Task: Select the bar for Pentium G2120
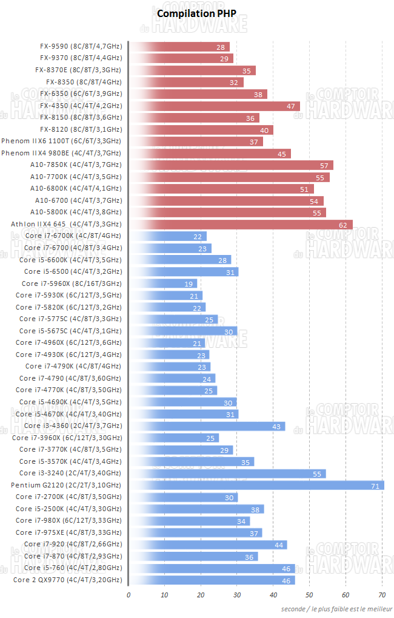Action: coord(257,485)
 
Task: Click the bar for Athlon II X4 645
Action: coord(241,224)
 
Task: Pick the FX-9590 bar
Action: coord(179,47)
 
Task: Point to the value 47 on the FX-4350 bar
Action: coord(291,106)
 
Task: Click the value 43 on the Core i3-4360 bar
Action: coord(276,426)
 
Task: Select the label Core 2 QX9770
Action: coord(67,580)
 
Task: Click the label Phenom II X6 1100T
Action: coord(61,141)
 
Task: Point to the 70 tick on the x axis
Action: coord(382,595)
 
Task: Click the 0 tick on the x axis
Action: coord(129,595)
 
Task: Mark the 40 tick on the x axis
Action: coord(273,595)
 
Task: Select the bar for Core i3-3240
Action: coord(227,474)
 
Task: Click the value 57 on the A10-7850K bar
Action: coord(324,165)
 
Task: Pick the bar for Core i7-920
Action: coord(208,545)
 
